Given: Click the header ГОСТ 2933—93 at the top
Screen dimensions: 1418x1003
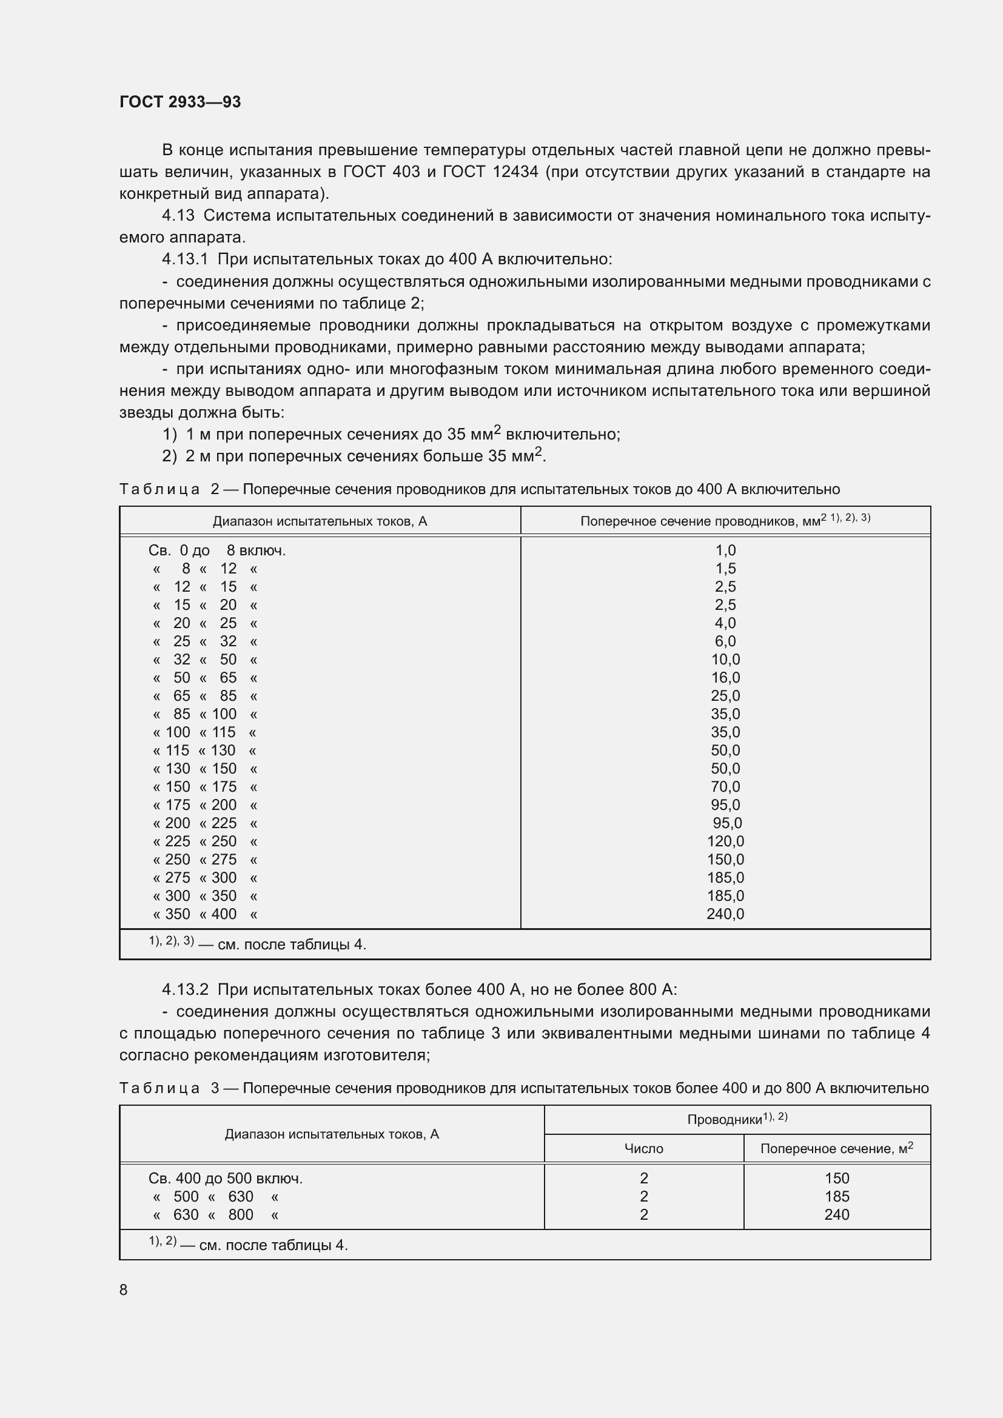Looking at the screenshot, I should [179, 102].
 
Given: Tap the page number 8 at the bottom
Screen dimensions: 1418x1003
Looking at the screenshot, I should [124, 1289].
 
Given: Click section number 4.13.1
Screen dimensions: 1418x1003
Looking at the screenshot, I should [186, 259].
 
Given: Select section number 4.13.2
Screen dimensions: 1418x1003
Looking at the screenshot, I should [186, 990].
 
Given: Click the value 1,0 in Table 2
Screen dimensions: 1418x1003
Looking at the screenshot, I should [726, 550].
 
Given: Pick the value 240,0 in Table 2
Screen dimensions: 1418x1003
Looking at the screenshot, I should [725, 914].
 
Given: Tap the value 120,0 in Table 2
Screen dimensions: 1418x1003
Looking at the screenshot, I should [725, 841].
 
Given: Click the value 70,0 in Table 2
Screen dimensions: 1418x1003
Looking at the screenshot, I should [725, 787].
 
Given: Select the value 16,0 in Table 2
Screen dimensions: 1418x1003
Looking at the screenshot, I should [725, 678].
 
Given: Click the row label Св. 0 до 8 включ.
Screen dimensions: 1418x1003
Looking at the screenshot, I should [216, 550].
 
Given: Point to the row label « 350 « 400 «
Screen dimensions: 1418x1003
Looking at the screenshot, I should [204, 914].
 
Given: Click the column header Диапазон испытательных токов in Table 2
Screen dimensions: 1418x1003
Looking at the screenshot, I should [320, 521].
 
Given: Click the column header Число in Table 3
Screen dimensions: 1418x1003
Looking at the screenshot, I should [643, 1149].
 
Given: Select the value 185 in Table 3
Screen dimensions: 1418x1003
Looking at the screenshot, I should [837, 1196].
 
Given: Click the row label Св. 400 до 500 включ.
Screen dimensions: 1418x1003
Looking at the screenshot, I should [226, 1179].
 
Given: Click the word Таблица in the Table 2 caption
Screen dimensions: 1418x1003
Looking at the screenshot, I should [159, 489].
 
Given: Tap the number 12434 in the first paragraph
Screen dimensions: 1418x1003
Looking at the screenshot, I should [515, 172].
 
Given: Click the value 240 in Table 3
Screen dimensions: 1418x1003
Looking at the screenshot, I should [837, 1215].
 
